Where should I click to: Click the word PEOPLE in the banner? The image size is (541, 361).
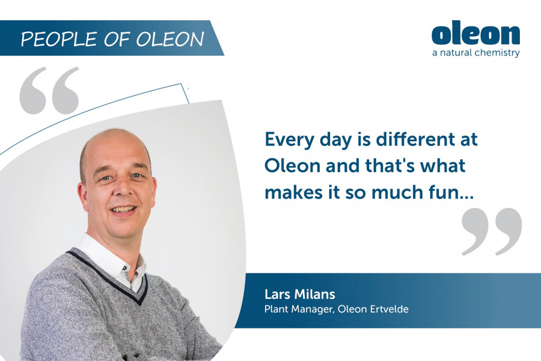[58, 39]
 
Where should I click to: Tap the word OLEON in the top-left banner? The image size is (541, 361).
[170, 39]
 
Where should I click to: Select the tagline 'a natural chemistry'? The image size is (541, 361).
[476, 53]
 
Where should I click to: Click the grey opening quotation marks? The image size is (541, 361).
[49, 90]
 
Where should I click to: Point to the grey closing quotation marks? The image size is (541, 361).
[492, 232]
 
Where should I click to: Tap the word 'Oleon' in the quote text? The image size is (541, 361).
[293, 165]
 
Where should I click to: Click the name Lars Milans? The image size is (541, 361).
[300, 294]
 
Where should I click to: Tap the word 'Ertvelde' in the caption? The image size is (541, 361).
[389, 309]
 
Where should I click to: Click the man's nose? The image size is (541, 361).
[123, 190]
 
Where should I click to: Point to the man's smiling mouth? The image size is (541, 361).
[123, 210]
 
